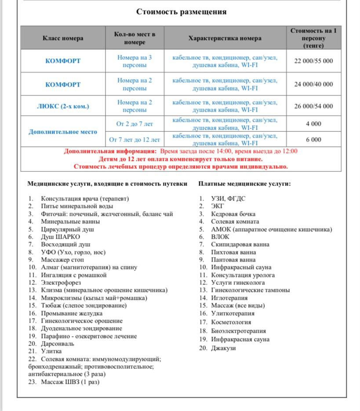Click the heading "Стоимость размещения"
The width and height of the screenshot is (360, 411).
click(x=181, y=12)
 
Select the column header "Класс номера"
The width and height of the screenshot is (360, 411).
click(x=63, y=38)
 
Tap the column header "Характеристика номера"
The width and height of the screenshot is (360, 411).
click(x=225, y=38)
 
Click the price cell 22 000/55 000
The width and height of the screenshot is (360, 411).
click(x=313, y=61)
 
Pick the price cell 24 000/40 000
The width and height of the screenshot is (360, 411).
click(x=313, y=84)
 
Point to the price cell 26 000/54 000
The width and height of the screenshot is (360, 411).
click(x=313, y=106)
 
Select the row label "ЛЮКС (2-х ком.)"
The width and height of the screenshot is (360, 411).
click(x=63, y=106)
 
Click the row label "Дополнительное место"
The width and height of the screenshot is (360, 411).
click(x=63, y=131)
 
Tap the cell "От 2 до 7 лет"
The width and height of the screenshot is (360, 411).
click(x=135, y=124)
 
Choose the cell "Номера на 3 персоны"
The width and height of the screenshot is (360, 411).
click(x=135, y=61)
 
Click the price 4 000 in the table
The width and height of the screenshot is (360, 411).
click(x=313, y=124)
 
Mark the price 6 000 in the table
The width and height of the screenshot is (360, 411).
click(x=313, y=140)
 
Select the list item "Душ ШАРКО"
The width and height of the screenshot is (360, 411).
click(x=61, y=237)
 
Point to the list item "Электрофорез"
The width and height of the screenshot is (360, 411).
click(x=61, y=283)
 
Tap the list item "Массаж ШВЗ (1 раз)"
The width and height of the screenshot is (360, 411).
click(x=70, y=382)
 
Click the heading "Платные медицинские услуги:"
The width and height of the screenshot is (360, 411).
click(x=244, y=184)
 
